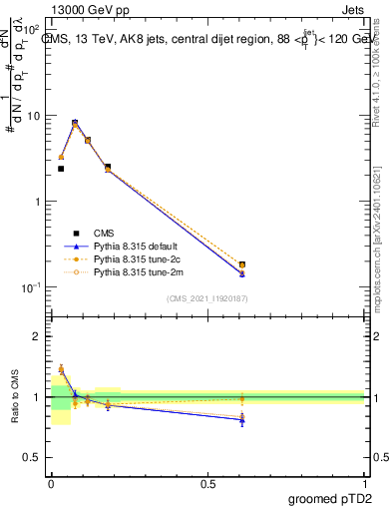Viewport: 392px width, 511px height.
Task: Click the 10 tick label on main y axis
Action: click(x=33, y=116)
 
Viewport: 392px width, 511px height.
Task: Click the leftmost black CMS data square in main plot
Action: click(x=61, y=169)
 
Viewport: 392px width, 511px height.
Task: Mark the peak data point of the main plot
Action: click(x=75, y=123)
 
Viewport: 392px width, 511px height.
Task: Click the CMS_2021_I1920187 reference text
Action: click(x=207, y=298)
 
